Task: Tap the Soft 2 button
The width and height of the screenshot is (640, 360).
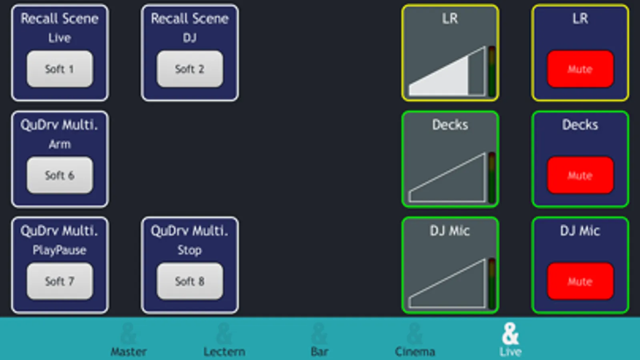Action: click(x=190, y=69)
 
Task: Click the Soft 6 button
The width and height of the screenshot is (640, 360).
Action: click(x=60, y=175)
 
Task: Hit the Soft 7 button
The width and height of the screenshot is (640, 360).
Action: click(x=60, y=281)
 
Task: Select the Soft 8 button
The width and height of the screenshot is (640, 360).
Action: click(x=190, y=281)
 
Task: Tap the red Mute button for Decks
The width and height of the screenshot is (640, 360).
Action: click(x=580, y=175)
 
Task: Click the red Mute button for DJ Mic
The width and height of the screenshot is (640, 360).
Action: click(x=580, y=281)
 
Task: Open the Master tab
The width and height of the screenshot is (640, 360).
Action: click(x=128, y=340)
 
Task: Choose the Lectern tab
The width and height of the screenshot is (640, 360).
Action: click(x=224, y=340)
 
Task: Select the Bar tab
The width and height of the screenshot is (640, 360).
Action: click(x=319, y=340)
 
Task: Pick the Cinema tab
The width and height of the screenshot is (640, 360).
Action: click(x=415, y=340)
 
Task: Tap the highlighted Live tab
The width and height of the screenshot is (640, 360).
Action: click(x=510, y=340)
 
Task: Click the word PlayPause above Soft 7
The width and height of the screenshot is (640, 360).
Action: click(x=60, y=250)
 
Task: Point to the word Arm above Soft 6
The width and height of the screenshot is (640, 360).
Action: click(x=60, y=144)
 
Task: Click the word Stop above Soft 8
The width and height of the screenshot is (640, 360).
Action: click(x=190, y=250)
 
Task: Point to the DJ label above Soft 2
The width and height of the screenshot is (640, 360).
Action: click(x=190, y=38)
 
